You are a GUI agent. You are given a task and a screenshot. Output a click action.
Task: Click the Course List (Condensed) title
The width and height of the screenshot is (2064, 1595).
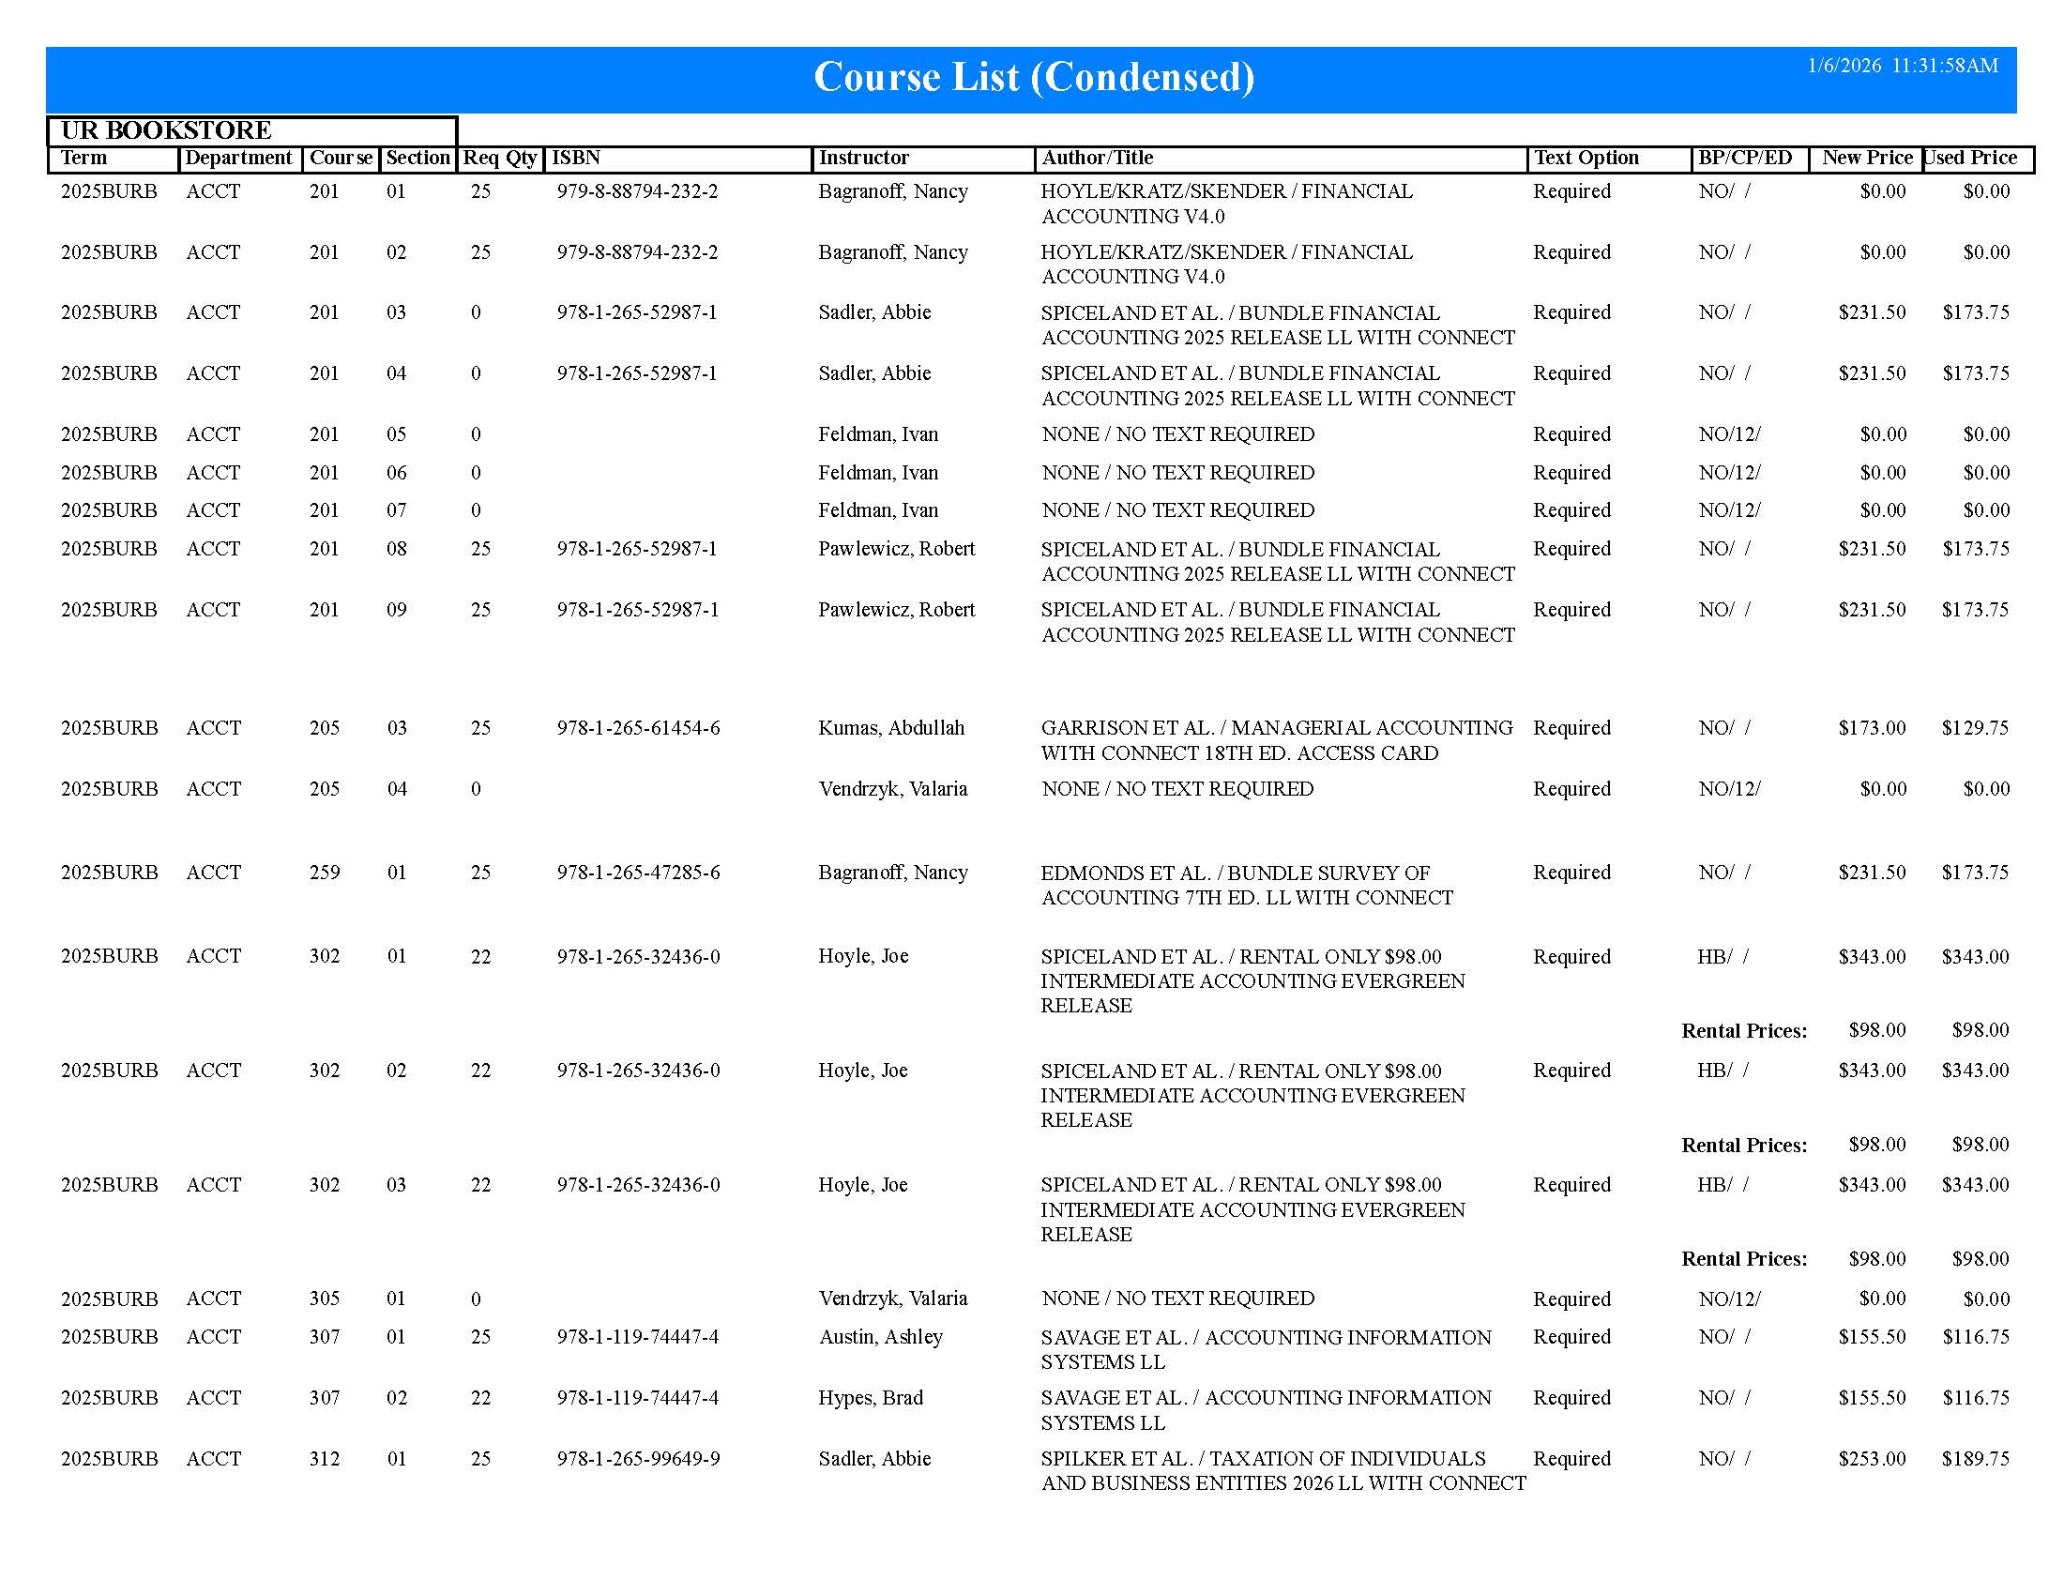[1034, 78]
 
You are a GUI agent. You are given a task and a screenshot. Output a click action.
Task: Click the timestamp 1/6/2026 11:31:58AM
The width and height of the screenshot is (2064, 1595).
[1902, 66]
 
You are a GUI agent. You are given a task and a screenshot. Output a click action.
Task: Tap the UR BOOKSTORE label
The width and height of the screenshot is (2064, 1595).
[166, 130]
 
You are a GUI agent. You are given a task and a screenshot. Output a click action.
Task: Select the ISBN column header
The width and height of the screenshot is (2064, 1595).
[575, 158]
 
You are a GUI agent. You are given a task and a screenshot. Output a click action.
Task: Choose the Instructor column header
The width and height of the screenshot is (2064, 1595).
[864, 158]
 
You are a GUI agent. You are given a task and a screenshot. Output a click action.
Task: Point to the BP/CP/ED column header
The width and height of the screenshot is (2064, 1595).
[1745, 158]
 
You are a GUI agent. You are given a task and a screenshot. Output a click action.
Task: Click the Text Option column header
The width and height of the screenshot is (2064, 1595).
[1586, 158]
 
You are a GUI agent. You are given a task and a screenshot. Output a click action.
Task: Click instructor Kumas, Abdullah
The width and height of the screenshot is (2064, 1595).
[891, 728]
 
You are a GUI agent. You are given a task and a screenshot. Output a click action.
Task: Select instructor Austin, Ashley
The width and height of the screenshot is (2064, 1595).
[881, 1337]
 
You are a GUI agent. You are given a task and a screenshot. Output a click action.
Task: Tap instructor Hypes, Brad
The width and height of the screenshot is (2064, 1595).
[871, 1398]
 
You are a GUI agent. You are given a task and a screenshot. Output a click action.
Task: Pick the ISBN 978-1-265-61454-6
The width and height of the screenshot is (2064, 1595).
[638, 728]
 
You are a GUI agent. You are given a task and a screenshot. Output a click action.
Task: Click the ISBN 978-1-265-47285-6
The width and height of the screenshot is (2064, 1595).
[638, 873]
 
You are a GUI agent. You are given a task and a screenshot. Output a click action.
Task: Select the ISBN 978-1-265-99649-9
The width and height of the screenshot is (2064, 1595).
[638, 1459]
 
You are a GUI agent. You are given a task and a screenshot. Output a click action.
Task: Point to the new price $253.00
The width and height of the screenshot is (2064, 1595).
[1872, 1459]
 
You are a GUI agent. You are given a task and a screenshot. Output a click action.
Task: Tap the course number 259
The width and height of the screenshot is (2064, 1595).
[325, 873]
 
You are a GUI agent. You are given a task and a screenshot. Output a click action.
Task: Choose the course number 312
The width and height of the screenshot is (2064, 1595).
[325, 1459]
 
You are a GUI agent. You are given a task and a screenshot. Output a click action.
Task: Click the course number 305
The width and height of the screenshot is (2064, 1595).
[325, 1299]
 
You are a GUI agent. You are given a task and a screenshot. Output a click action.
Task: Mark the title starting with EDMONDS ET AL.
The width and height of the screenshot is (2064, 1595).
[1247, 886]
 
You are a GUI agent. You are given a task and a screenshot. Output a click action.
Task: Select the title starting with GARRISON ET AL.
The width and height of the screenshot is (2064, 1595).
[1276, 741]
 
